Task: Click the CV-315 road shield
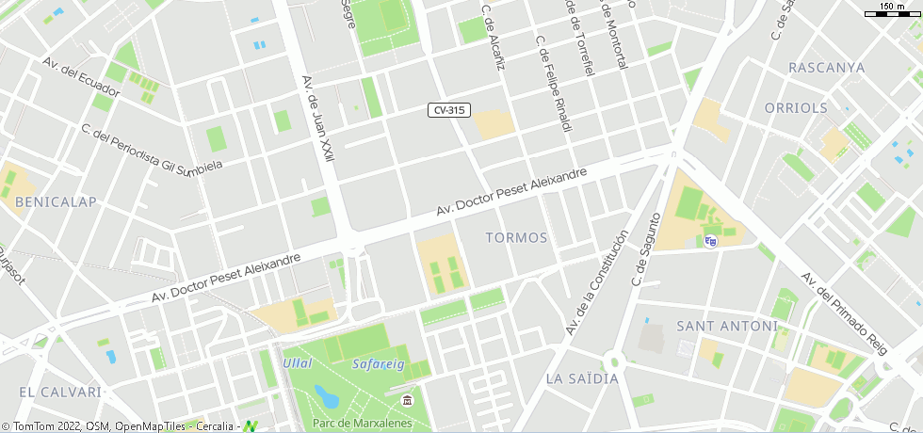(x=448, y=110)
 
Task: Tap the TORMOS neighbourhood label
(x=516, y=237)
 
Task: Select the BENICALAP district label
(x=57, y=202)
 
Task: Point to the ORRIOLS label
(x=796, y=108)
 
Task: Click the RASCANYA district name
(x=826, y=68)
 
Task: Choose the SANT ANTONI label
(x=727, y=327)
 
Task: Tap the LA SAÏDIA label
(x=582, y=378)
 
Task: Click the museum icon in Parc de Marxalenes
(x=407, y=402)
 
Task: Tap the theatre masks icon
(x=710, y=241)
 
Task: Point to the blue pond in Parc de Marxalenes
(x=328, y=393)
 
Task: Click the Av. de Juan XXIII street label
(x=318, y=119)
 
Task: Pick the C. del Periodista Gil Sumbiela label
(x=151, y=149)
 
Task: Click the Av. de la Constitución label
(x=596, y=282)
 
